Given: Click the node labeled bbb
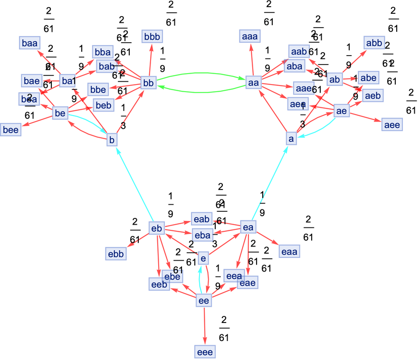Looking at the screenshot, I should tap(152, 36).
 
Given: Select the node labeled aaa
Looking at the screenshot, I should tap(251, 36).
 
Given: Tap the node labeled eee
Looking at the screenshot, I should tap(205, 352).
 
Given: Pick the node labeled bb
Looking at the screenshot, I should tap(148, 83).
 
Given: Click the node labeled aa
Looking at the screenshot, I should tap(253, 83).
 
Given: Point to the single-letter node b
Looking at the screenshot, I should tap(112, 140).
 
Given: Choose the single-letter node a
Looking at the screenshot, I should tap(291, 138).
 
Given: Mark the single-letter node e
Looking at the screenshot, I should tap(203, 258).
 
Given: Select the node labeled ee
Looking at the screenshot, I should tap(204, 301).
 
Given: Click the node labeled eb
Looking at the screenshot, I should tap(156, 228).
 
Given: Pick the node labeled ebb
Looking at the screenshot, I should tap(115, 254).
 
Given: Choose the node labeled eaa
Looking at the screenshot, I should tap(288, 251).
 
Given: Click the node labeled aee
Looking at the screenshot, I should tap(391, 125).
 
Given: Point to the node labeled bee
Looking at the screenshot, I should tap(10, 130).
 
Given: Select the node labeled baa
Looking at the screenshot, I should tap(29, 43).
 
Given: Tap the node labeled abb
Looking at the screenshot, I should tap(373, 43).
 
